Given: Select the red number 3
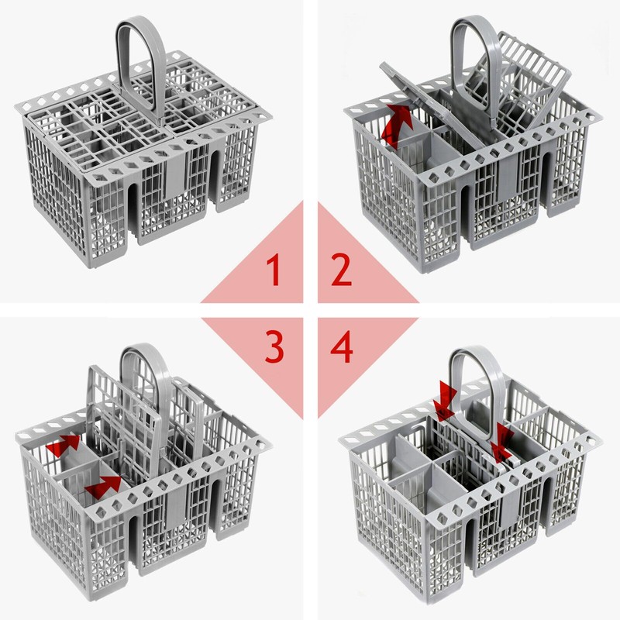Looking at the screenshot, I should pos(273,348).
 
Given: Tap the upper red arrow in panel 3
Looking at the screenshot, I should pos(64,446).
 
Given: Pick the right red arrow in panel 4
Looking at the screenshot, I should pos(501,439).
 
